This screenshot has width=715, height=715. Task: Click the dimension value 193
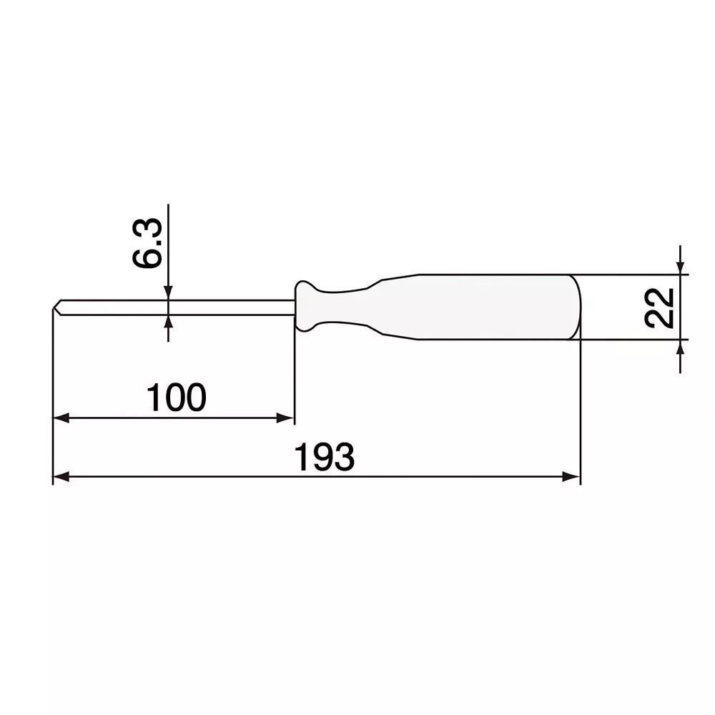[325, 458]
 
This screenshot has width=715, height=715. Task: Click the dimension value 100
[176, 398]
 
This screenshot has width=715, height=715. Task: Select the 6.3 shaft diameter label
[148, 245]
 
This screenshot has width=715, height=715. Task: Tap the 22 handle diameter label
[659, 307]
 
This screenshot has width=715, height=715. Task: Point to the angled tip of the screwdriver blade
[57, 307]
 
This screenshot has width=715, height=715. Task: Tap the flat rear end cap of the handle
[576, 307]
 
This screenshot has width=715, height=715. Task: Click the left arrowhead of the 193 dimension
[61, 477]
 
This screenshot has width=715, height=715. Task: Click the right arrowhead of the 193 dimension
[571, 477]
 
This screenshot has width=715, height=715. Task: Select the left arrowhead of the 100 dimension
[61, 418]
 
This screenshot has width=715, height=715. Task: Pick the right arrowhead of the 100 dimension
[286, 418]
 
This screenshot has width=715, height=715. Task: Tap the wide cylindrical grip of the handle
[493, 307]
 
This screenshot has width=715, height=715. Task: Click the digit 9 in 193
[325, 458]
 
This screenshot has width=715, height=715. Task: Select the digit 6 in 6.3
[148, 258]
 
